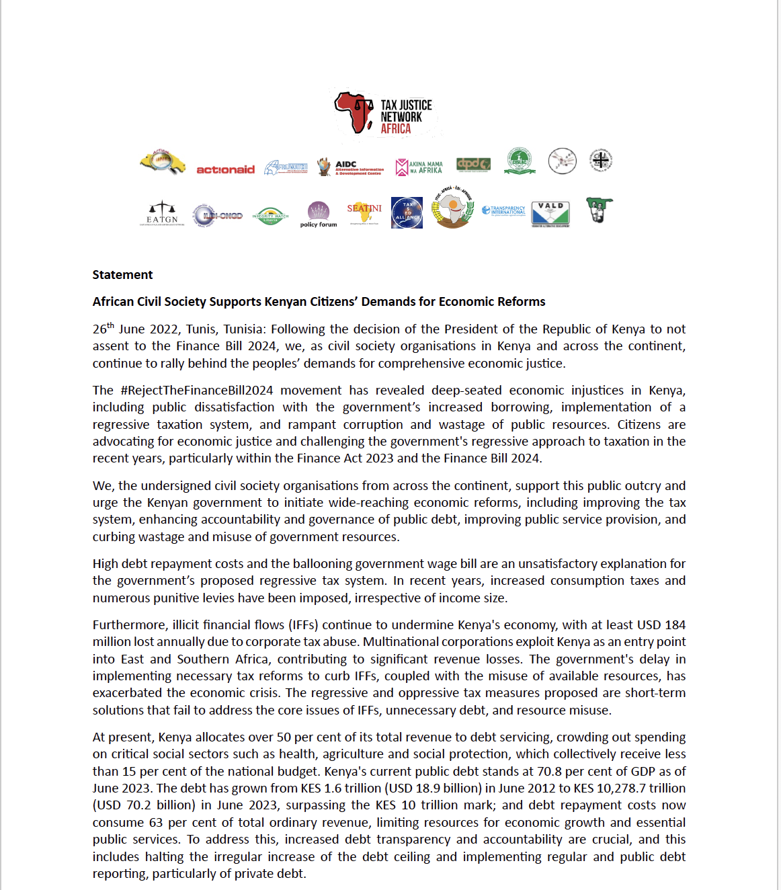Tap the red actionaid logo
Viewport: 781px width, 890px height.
[x=225, y=169]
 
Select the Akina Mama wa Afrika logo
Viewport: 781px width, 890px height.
[x=419, y=167]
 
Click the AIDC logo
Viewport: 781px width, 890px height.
[x=352, y=167]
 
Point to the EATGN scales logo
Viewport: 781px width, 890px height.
[x=162, y=213]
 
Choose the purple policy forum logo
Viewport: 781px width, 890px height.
[x=319, y=214]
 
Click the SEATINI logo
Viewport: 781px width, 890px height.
[x=364, y=213]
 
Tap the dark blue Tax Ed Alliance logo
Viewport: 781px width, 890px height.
[x=407, y=213]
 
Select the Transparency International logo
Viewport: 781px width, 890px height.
[x=504, y=211]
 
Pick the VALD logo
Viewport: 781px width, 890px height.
[x=550, y=214]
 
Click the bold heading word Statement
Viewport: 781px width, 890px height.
[x=122, y=275]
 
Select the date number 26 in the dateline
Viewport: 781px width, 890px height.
[x=99, y=329]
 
